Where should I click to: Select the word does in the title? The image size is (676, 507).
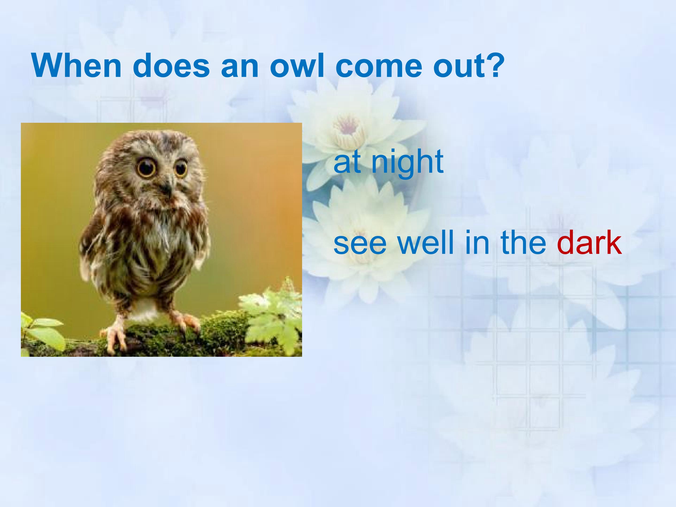[171, 66]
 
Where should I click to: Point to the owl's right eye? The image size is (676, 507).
[181, 168]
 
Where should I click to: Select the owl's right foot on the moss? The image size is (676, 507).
[186, 321]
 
